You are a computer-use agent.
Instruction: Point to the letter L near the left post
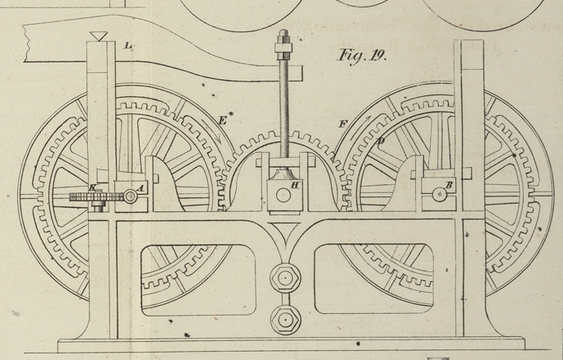(x=129, y=47)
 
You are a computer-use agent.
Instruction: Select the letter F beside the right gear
(x=342, y=125)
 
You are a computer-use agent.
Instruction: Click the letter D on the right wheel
(x=381, y=141)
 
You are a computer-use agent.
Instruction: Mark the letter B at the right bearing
(x=450, y=183)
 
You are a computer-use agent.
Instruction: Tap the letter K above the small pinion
(x=93, y=188)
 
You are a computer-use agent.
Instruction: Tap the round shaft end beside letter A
(x=131, y=196)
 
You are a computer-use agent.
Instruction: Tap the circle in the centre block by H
(x=282, y=195)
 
